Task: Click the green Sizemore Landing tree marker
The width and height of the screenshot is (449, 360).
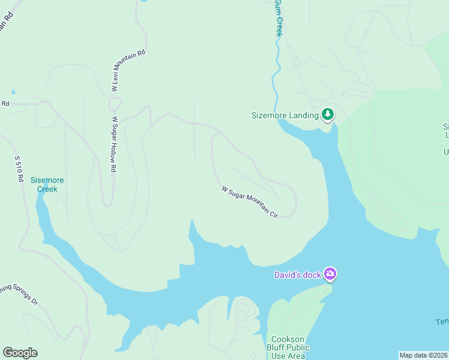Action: click(x=327, y=113)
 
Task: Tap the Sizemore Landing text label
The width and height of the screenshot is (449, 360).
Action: click(x=285, y=115)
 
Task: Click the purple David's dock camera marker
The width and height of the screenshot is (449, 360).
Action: click(x=330, y=274)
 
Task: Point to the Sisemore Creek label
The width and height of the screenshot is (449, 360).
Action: click(x=47, y=184)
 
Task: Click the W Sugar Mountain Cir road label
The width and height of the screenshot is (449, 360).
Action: click(x=250, y=202)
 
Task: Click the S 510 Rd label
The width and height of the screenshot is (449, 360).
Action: click(x=19, y=169)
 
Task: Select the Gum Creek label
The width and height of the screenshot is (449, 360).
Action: click(x=279, y=18)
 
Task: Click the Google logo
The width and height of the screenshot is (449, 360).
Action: click(x=20, y=353)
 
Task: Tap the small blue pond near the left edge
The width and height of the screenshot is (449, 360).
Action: click(x=13, y=91)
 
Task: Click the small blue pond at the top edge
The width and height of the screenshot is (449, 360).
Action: click(x=143, y=1)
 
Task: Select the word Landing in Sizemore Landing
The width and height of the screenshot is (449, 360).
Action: click(x=302, y=115)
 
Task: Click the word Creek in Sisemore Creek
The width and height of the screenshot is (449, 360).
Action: click(x=47, y=189)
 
